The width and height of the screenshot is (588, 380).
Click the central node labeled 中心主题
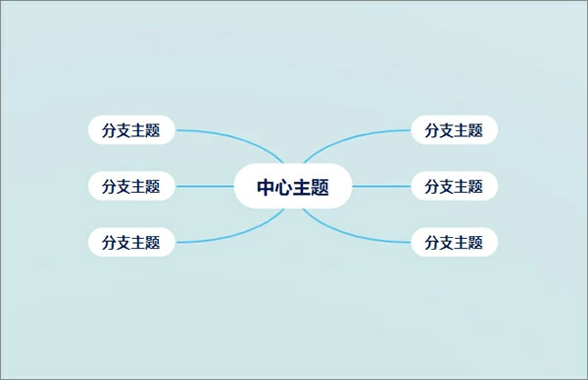(x=293, y=186)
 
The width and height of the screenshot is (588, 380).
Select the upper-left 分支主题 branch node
(x=131, y=129)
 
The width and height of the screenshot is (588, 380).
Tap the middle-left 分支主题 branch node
(x=131, y=185)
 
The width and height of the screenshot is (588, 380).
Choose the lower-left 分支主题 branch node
(x=131, y=241)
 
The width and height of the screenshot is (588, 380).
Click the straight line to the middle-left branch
(x=204, y=185)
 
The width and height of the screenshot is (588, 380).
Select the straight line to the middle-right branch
(x=382, y=185)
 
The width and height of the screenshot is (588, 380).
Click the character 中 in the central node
(x=267, y=186)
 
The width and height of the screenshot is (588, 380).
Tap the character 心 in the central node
(x=284, y=186)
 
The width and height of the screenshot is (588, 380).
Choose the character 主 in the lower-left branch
(x=139, y=241)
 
